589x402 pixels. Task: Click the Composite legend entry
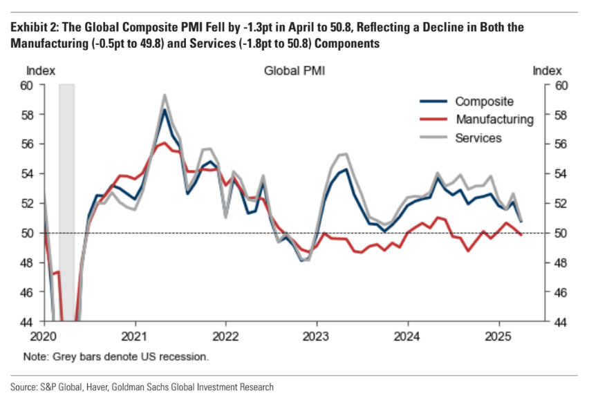[x=484, y=102]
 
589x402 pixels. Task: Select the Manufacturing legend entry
[x=494, y=119]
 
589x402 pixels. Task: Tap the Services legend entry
[x=478, y=137]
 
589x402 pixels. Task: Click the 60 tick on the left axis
[x=27, y=86]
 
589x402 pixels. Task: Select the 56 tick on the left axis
[x=27, y=144]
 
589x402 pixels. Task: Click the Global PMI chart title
[x=294, y=71]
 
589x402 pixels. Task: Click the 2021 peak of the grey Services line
[x=165, y=95]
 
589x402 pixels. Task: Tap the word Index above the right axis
[x=548, y=70]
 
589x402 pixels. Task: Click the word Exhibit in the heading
[x=28, y=28]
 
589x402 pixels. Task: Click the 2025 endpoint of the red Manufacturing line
[x=521, y=235]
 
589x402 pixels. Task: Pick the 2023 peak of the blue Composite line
[x=344, y=169]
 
